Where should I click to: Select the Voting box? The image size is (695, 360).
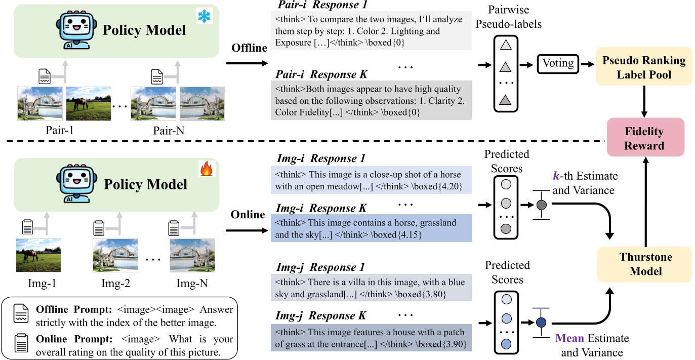coord(558,64)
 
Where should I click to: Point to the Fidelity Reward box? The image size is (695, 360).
coord(644,138)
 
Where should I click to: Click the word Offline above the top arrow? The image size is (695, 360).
coord(249,48)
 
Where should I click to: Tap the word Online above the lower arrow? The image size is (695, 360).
coord(248,215)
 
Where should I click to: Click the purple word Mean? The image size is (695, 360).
coord(569,338)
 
